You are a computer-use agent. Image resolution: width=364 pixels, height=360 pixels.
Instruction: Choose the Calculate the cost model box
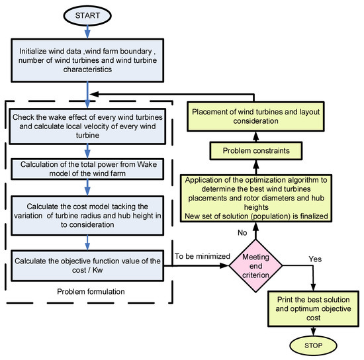[87, 216]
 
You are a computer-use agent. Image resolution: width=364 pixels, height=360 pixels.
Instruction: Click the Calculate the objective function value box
[87, 264]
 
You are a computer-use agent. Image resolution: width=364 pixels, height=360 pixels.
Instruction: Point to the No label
[243, 232]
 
